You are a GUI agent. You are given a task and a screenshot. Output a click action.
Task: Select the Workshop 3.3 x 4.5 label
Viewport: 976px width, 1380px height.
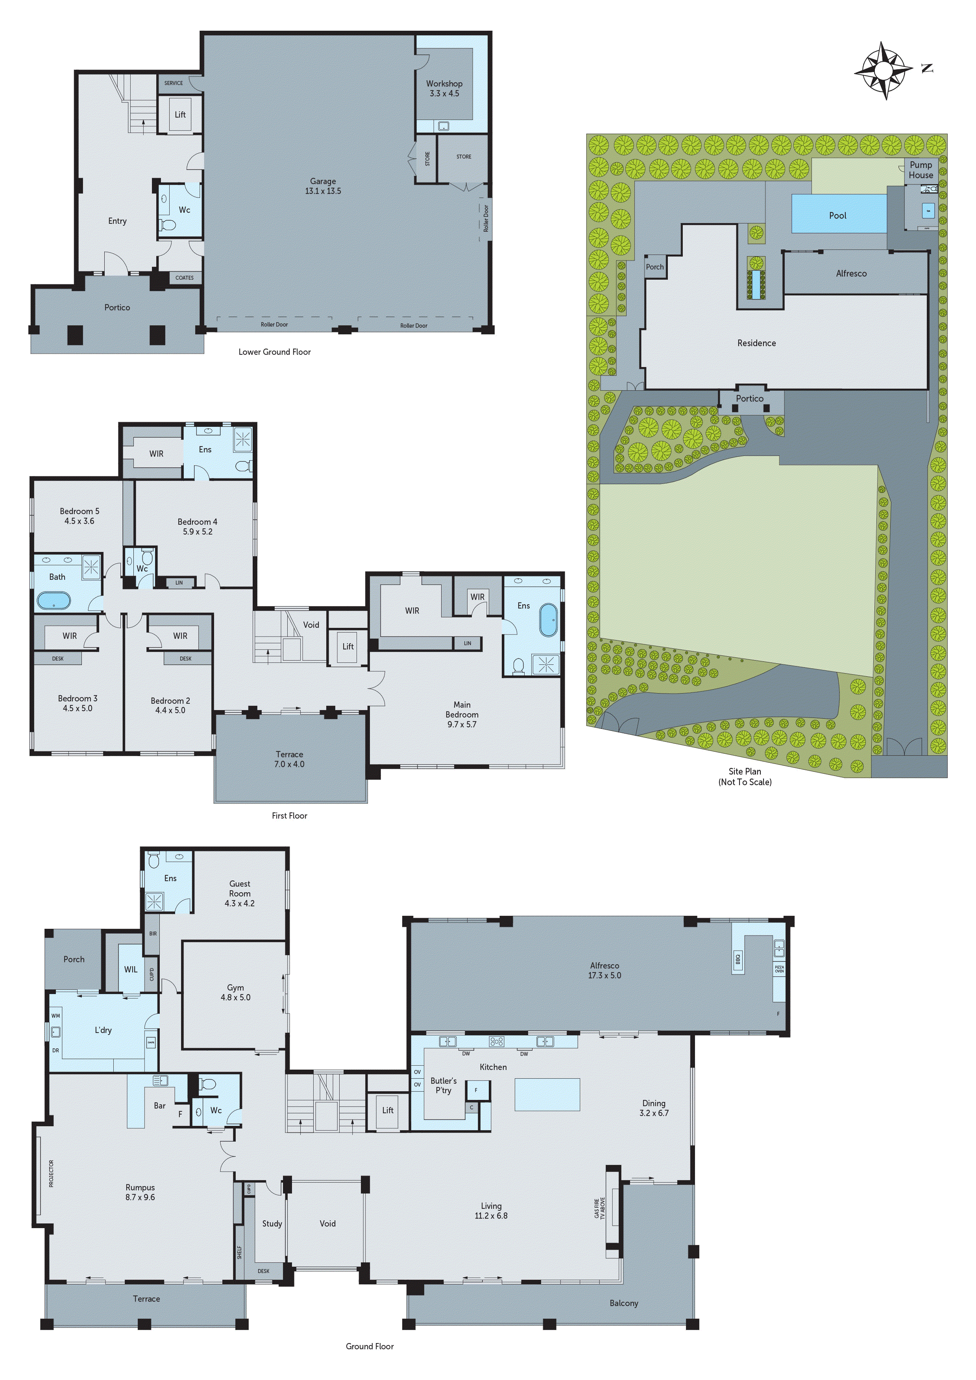444,89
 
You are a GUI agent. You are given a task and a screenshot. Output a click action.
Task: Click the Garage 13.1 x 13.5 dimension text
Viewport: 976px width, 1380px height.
323,186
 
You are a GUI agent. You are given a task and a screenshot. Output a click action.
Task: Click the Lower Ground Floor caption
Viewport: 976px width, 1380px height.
274,352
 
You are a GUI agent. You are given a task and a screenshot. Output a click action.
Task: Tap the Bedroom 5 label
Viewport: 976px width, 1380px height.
79,516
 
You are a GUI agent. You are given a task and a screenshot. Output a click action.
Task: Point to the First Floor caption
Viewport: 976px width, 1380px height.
289,815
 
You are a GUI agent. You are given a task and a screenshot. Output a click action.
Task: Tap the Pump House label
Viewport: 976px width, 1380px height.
921,170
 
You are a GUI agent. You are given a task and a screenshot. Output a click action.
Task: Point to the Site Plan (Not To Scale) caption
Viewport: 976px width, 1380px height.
745,777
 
